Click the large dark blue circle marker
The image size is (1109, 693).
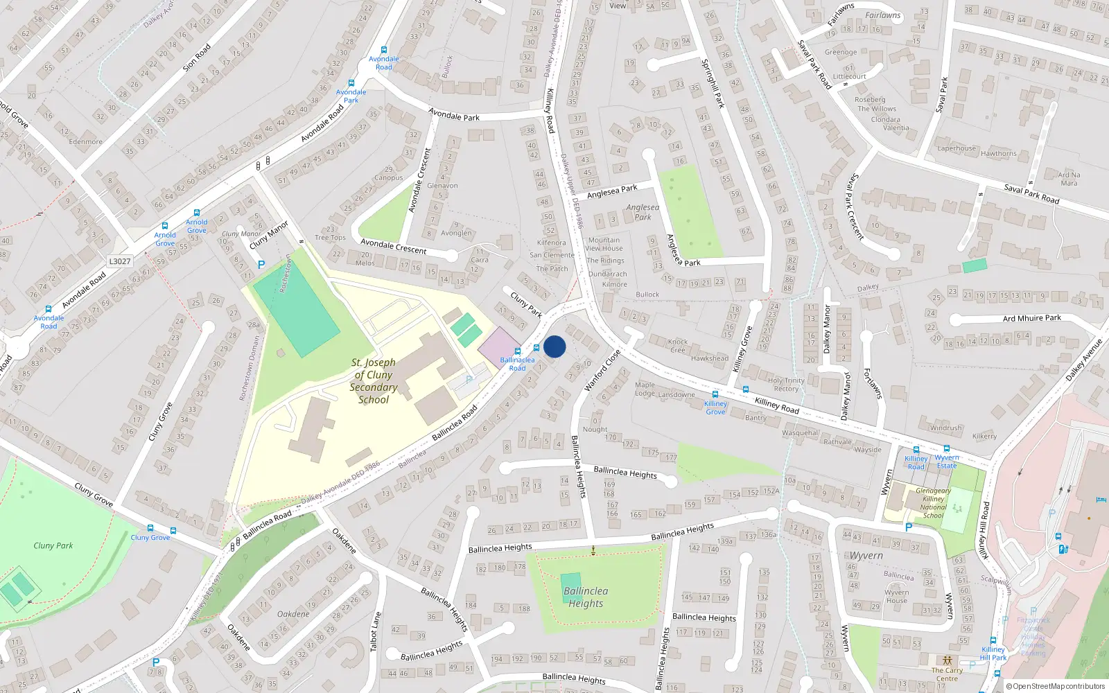tap(554, 346)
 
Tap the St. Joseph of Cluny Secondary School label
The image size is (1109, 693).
tap(374, 380)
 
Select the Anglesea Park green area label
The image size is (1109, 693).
tap(643, 212)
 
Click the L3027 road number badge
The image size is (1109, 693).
tap(120, 261)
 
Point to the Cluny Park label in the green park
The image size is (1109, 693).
tap(53, 545)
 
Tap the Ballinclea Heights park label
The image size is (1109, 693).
tap(586, 597)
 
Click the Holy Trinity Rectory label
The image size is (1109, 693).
tap(786, 385)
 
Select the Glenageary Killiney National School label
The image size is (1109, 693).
tap(933, 503)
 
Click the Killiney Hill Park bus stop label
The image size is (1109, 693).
tap(993, 653)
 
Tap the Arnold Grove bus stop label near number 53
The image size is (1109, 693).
tap(196, 226)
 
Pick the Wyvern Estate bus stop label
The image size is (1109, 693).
tap(947, 462)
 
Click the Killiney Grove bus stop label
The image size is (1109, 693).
tap(715, 407)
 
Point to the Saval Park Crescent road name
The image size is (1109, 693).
tap(856, 207)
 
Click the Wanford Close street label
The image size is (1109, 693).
tap(602, 371)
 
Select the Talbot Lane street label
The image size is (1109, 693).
tap(375, 631)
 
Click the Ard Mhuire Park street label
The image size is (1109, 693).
tap(1031, 318)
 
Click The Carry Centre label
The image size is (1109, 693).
tap(947, 674)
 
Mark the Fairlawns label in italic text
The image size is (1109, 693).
tap(882, 15)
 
